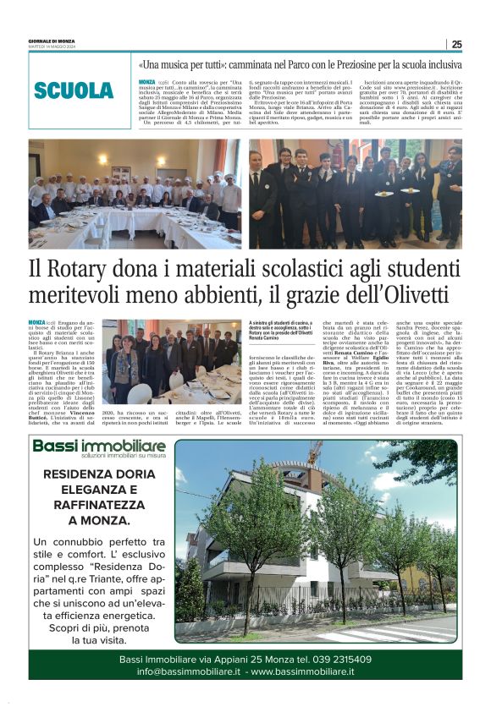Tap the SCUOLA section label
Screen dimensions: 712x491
click(74, 90)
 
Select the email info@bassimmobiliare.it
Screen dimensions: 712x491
click(190, 671)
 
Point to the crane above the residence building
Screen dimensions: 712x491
click(314, 452)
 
